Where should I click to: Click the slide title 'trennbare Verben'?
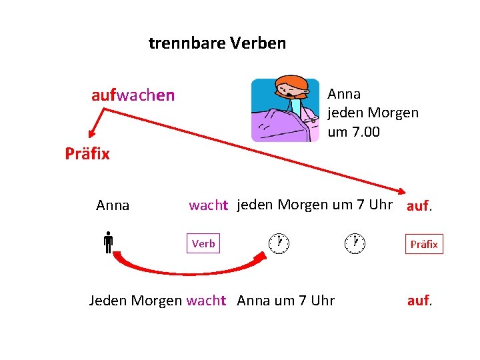click(217, 44)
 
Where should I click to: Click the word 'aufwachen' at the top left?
click(133, 95)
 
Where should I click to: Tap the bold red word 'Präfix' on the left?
click(87, 154)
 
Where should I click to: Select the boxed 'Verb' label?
click(203, 243)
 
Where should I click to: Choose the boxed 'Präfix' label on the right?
click(424, 244)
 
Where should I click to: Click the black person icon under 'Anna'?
click(107, 243)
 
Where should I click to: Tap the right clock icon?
click(355, 243)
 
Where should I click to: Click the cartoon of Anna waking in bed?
click(285, 110)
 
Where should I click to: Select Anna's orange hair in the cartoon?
click(294, 85)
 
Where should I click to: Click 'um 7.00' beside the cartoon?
click(353, 132)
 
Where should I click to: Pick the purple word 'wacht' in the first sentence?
click(208, 205)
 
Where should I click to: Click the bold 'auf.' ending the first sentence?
click(419, 206)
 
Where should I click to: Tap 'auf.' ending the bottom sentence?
click(420, 301)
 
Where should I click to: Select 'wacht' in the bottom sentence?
click(207, 301)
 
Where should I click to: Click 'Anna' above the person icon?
click(113, 205)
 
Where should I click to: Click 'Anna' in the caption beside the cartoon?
click(344, 94)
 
